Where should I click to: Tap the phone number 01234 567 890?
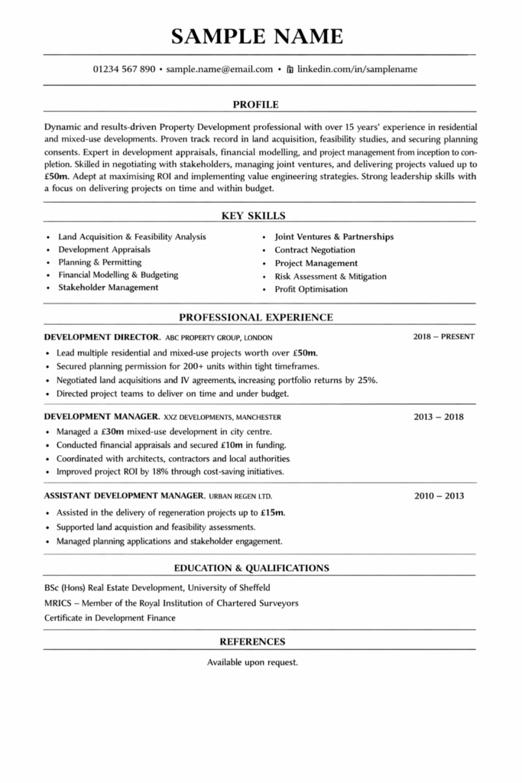(x=125, y=69)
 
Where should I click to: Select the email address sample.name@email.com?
(x=219, y=69)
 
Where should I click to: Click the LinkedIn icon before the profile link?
(x=290, y=69)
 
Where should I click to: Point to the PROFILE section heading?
(x=255, y=104)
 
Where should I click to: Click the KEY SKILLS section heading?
(x=255, y=216)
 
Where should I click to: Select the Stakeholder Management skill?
(x=109, y=288)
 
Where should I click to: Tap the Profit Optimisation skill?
(x=311, y=289)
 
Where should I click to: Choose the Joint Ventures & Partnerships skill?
(x=334, y=237)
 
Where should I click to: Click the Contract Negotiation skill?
(x=315, y=250)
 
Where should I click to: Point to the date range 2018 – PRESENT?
(x=443, y=336)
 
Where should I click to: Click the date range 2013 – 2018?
(x=439, y=417)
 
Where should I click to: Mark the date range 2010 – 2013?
(x=439, y=496)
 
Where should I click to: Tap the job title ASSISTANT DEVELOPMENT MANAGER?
(x=124, y=496)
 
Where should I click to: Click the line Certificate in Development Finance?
(x=110, y=618)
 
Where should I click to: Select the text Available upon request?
(x=252, y=662)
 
